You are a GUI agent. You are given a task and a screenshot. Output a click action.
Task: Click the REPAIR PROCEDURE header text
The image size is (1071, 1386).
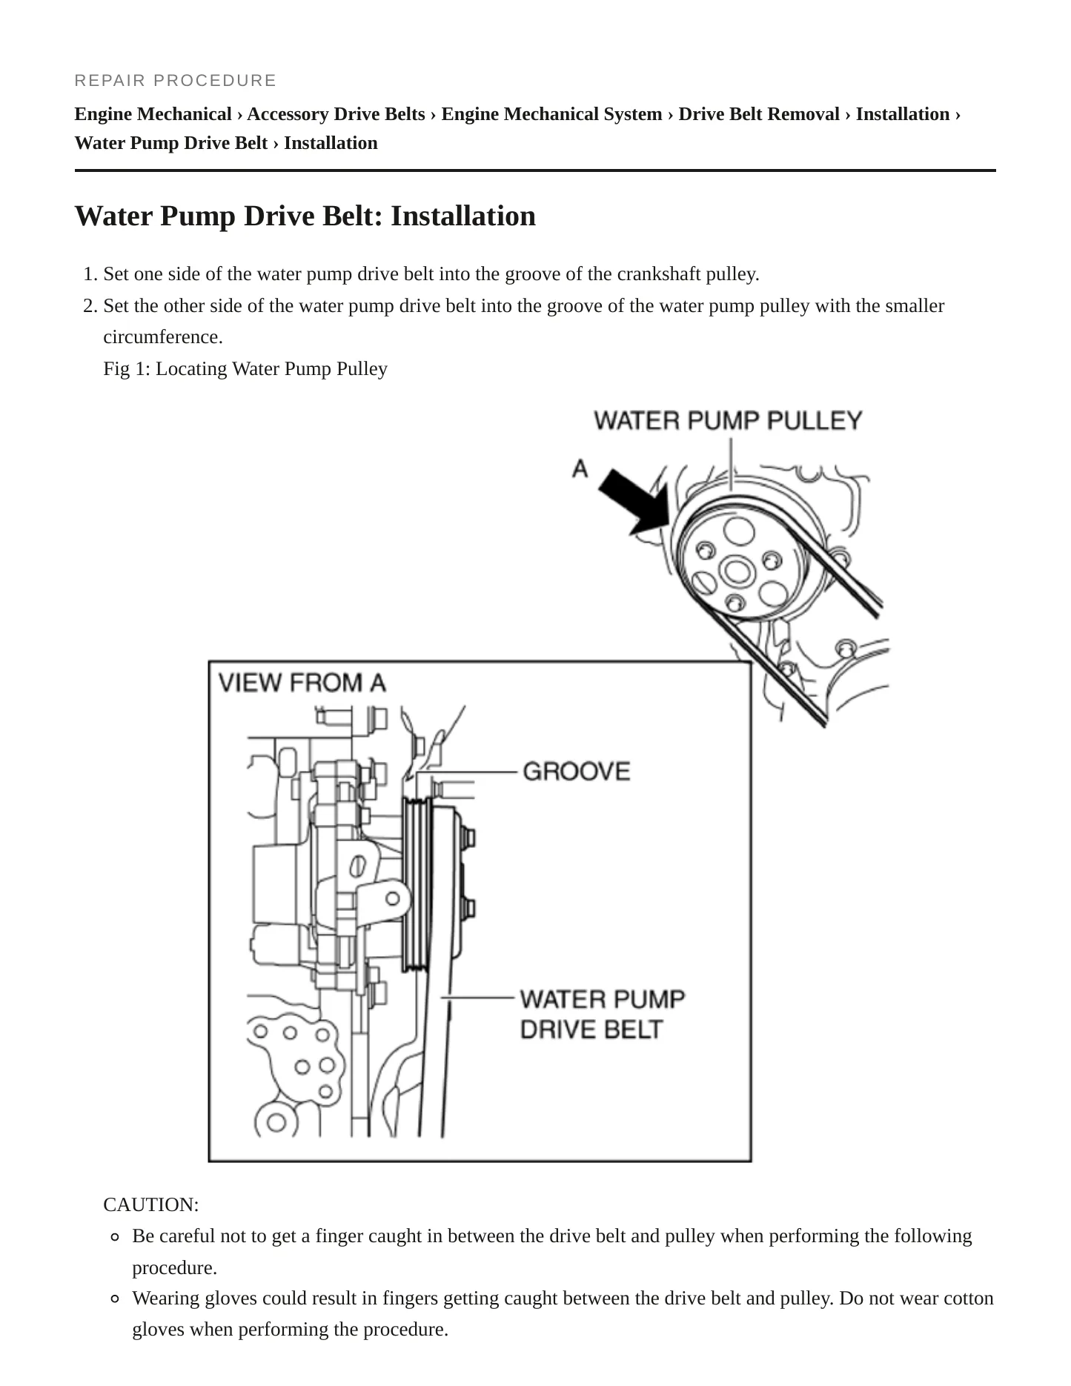point(175,80)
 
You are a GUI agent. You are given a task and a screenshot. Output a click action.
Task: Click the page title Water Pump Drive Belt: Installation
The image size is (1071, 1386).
point(305,216)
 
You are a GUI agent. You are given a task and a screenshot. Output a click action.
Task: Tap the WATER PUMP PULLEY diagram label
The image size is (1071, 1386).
point(728,420)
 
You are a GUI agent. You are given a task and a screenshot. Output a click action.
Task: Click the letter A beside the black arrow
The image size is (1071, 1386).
point(580,468)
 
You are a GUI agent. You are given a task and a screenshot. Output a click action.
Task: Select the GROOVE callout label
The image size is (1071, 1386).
point(577,771)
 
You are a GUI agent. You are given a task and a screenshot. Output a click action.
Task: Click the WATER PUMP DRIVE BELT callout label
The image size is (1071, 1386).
point(602,1014)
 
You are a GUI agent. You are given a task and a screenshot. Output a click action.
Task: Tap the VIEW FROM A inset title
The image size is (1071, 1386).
point(302,682)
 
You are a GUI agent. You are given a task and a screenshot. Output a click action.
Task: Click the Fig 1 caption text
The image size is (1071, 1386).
point(245,368)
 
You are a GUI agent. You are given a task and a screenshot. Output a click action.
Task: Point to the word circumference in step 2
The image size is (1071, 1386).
point(163,337)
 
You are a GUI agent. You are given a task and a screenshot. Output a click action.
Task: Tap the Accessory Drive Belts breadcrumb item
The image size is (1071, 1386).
point(336,114)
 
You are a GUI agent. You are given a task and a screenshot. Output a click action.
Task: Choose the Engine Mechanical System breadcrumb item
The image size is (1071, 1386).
point(551,114)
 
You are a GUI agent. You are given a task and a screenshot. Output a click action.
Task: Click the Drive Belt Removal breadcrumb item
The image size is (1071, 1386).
point(759,114)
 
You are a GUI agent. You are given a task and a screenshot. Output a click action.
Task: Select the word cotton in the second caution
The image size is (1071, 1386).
point(969,1298)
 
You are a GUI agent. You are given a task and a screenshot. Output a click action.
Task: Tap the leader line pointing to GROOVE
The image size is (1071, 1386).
point(465,772)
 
